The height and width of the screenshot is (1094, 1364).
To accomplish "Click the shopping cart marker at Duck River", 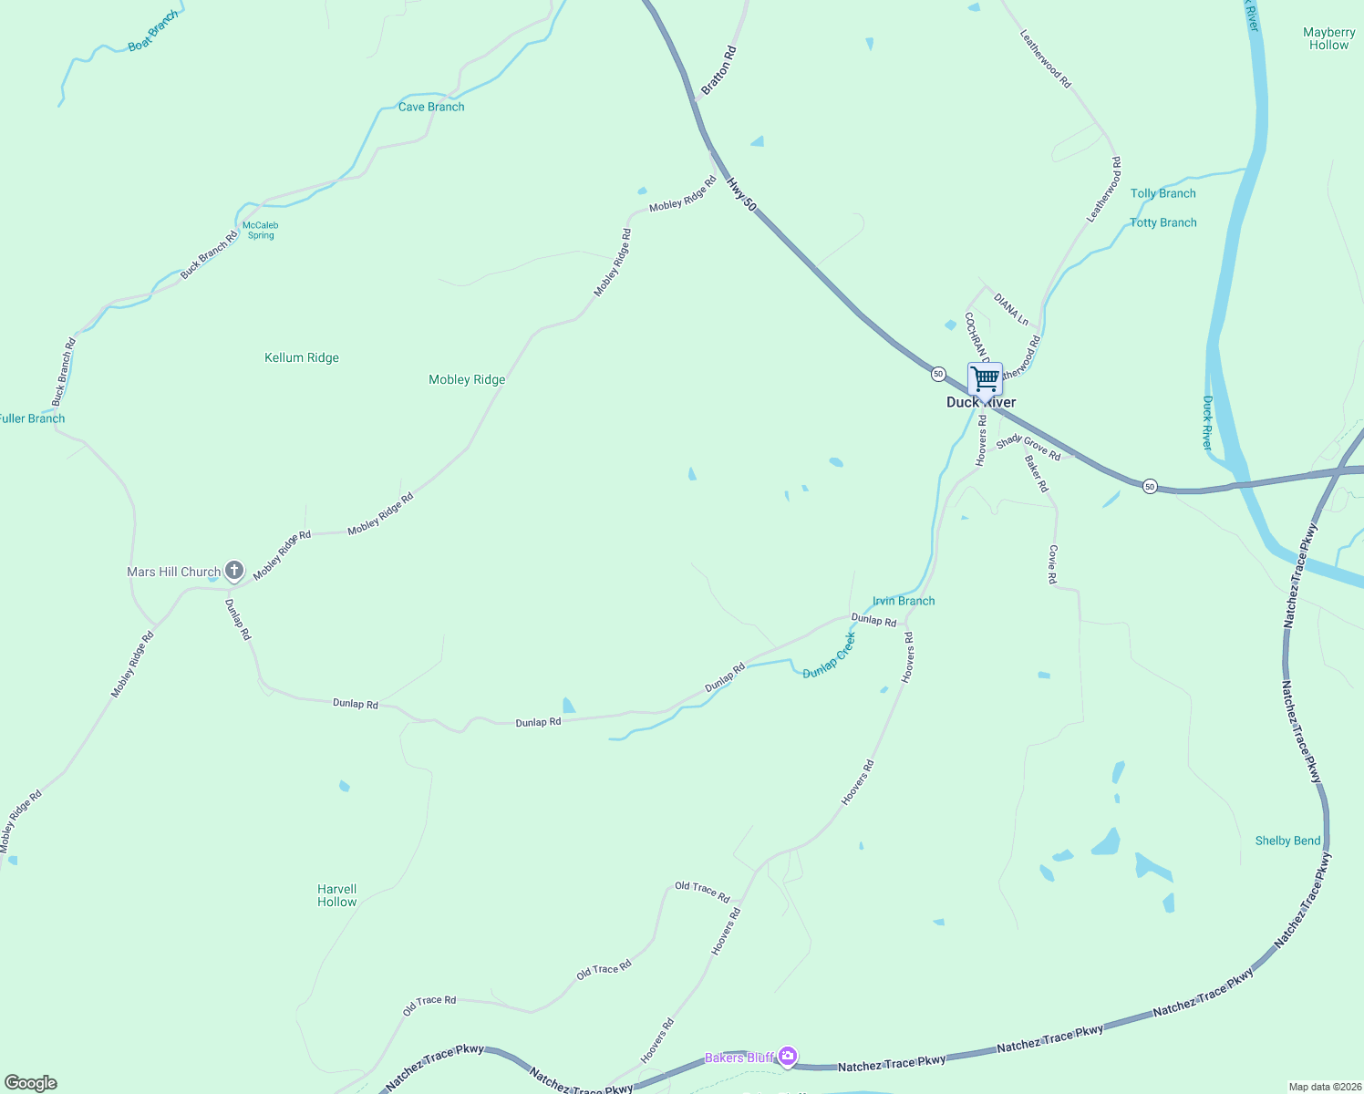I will tap(985, 378).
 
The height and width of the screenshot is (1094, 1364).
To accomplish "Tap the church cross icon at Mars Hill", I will tap(234, 572).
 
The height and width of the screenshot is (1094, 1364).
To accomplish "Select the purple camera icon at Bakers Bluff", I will tap(788, 1058).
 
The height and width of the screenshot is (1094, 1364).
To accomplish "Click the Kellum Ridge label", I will tap(302, 357).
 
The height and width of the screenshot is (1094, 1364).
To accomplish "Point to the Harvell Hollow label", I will tap(337, 895).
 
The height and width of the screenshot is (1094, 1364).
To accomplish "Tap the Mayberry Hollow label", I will tap(1329, 38).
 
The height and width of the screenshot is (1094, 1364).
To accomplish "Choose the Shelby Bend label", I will tap(1287, 841).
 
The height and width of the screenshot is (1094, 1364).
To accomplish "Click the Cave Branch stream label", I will tap(431, 107).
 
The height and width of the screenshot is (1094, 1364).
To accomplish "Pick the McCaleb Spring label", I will tap(261, 230).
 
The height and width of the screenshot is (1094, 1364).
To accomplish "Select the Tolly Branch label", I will tap(1163, 193).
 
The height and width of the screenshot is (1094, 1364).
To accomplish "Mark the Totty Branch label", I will tap(1163, 222).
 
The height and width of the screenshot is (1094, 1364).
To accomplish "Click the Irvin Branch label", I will tap(904, 601).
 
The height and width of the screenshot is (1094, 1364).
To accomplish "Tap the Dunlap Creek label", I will tap(830, 656).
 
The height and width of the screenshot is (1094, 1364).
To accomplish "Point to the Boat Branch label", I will tap(153, 32).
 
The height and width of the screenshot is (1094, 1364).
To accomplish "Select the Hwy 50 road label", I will tap(741, 195).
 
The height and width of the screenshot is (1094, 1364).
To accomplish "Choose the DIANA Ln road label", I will tap(1011, 310).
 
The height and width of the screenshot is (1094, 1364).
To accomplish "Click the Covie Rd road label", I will tap(1053, 564).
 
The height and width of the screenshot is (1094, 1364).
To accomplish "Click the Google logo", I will tap(31, 1083).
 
